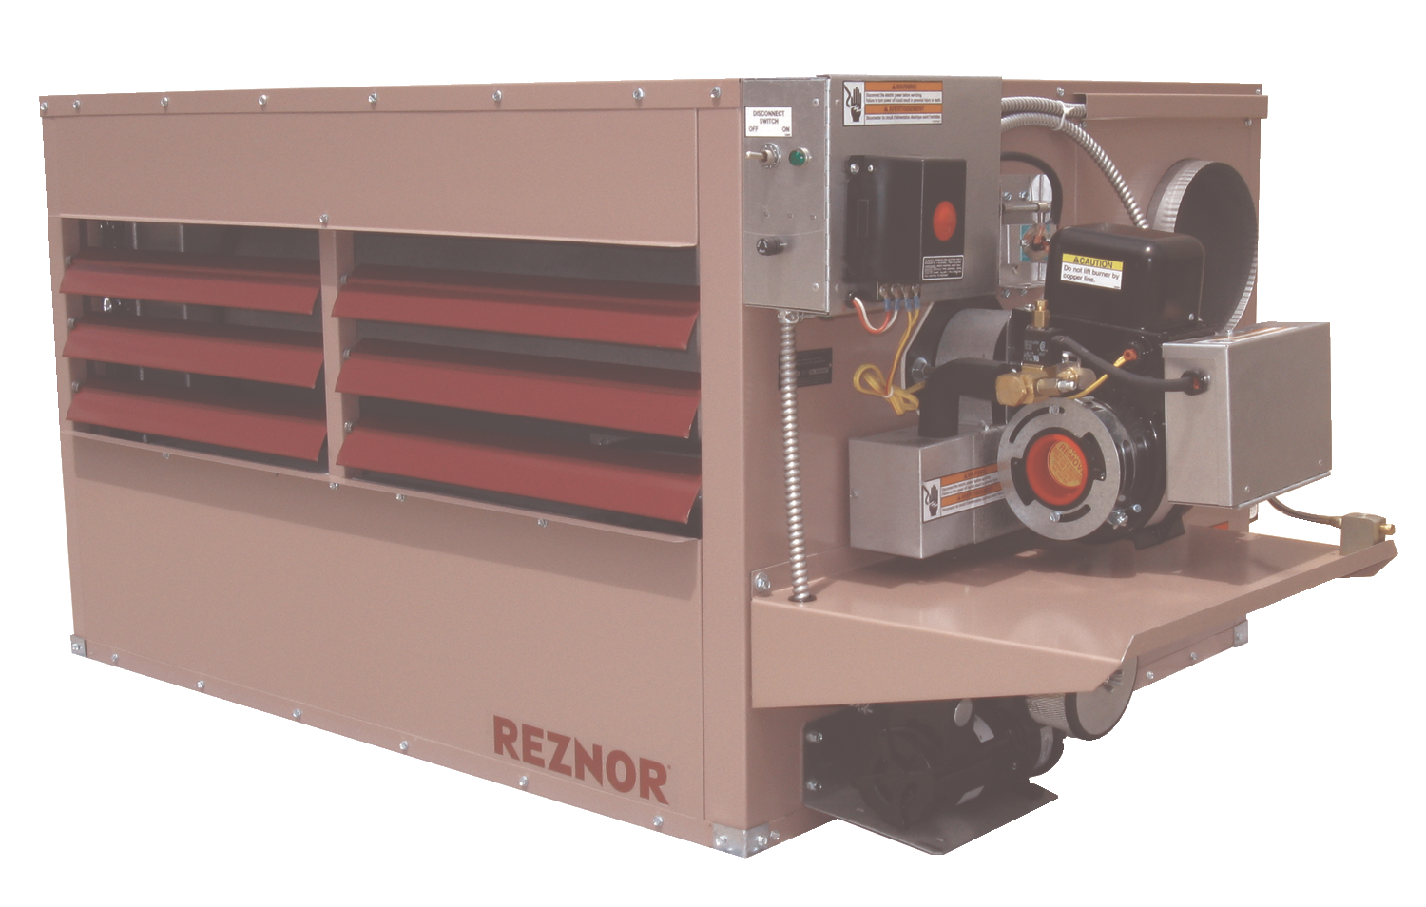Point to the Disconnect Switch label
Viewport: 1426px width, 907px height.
(x=769, y=118)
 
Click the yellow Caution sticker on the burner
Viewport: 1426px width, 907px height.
(x=1091, y=270)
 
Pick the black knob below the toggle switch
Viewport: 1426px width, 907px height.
(x=765, y=244)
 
